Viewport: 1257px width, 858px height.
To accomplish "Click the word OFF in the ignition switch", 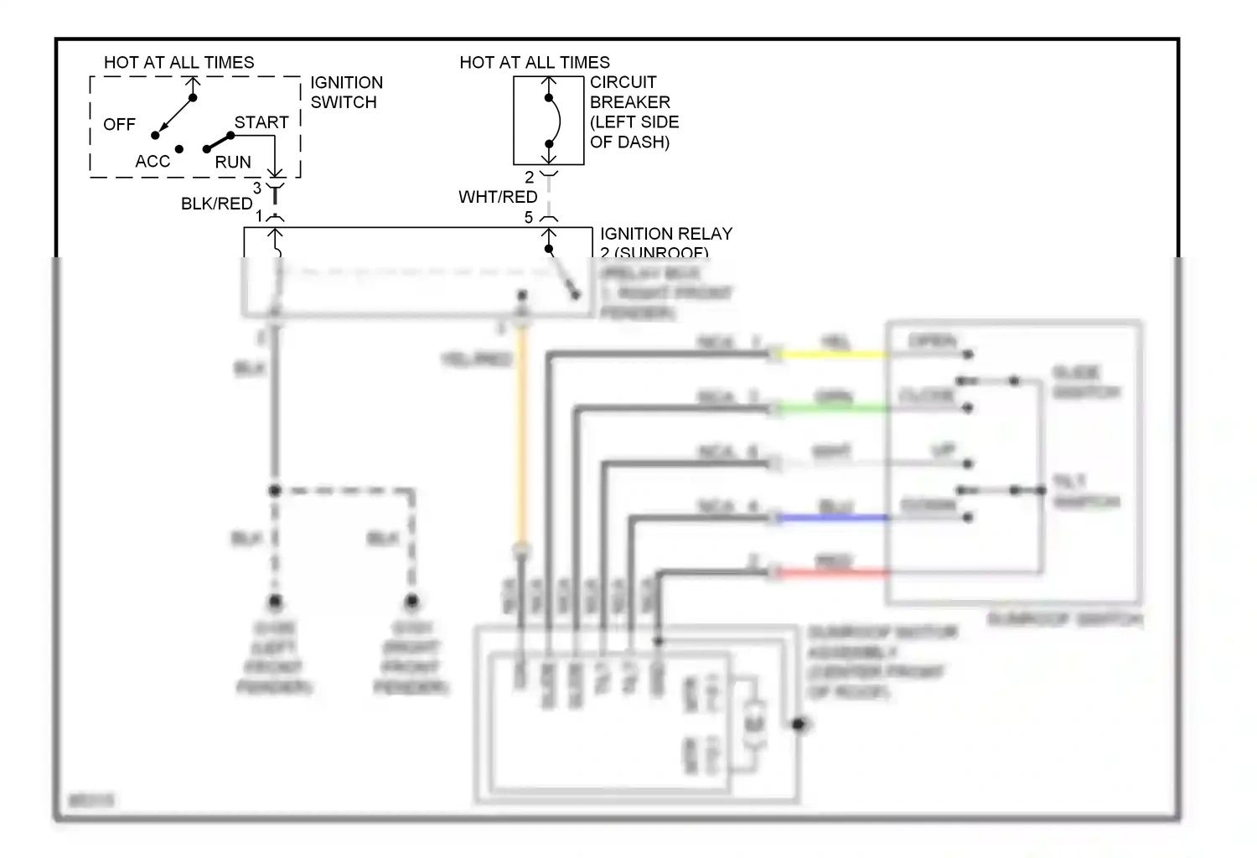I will pos(119,125).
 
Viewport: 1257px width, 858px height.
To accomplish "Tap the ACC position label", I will pos(153,162).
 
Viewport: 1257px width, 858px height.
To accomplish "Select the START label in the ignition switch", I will pos(261,122).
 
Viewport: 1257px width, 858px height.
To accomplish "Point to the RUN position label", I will pos(233,163).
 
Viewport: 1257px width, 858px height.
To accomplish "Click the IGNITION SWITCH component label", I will pos(346,92).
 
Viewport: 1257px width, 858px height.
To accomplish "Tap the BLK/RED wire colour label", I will pos(216,204).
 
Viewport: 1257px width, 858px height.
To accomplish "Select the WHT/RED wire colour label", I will pos(498,197).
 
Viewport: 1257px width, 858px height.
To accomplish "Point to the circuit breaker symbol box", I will pos(549,121).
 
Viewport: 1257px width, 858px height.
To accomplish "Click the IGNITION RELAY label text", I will pos(666,234).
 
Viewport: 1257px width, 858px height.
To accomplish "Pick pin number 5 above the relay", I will pos(529,218).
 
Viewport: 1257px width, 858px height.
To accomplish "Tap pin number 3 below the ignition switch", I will pos(257,189).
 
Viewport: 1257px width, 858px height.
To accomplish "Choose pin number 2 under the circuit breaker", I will pos(529,178).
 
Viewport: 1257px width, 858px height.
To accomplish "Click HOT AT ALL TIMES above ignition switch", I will pos(178,63).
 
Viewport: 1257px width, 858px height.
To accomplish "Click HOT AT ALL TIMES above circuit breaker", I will pos(535,63).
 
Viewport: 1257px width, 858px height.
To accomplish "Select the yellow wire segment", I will pos(834,354).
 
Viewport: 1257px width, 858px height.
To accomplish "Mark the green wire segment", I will pos(834,409).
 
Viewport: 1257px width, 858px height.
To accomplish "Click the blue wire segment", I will pos(834,518).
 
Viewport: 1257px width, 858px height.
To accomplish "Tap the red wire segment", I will pos(834,573).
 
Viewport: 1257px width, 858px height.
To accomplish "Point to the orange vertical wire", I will pos(522,436).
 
